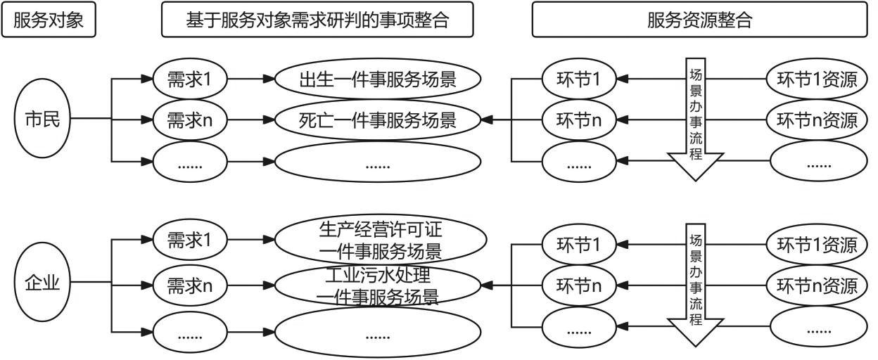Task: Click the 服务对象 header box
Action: pyautogui.click(x=49, y=20)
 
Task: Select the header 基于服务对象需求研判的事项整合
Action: pyautogui.click(x=317, y=20)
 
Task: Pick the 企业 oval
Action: pyautogui.click(x=43, y=285)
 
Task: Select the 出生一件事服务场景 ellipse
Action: pyautogui.click(x=378, y=79)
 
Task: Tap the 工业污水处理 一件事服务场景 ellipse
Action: pyautogui.click(x=378, y=285)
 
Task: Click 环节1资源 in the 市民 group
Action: pyautogui.click(x=816, y=79)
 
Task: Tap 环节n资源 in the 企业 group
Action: pyautogui.click(x=816, y=285)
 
